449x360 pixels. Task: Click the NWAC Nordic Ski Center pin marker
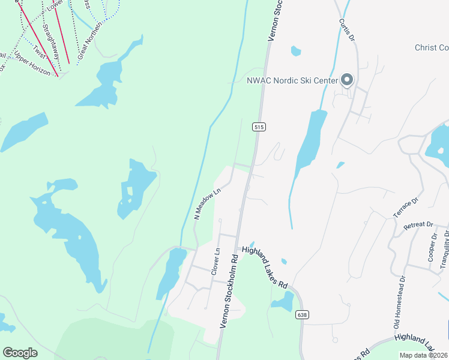coord(347,79)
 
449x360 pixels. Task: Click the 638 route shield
coord(302,314)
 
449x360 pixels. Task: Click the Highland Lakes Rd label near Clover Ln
coord(265,267)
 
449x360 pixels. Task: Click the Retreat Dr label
coord(418,226)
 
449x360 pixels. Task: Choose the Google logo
coord(20,352)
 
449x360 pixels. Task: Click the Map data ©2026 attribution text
coord(423,355)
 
